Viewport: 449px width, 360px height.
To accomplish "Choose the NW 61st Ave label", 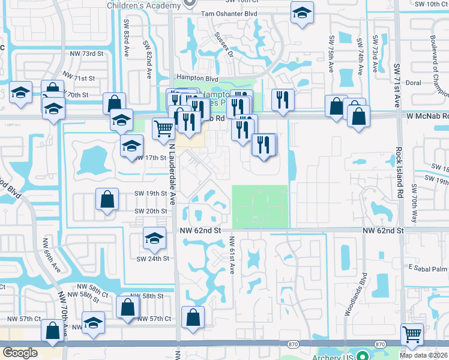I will click(x=232, y=255).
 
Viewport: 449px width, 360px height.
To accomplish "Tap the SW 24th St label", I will click(x=151, y=259).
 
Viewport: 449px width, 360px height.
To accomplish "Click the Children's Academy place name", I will click(x=143, y=5).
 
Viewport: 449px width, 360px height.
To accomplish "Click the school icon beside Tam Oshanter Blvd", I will click(x=302, y=13).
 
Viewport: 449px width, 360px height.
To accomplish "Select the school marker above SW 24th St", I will click(x=154, y=238).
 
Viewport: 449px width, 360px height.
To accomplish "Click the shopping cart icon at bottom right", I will click(x=412, y=334).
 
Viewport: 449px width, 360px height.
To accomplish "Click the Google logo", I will click(x=20, y=353).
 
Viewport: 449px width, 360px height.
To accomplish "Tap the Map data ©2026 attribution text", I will click(x=424, y=355).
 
